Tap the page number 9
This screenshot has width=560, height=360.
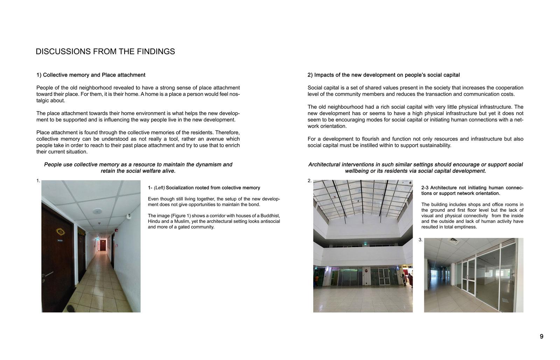coord(541,337)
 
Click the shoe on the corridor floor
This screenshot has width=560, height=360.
coord(71,309)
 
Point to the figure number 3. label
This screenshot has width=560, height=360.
coord(420,240)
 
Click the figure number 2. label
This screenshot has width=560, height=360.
coord(309,181)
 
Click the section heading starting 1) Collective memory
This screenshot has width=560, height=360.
coord(91,75)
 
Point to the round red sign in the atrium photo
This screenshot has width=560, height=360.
coord(366,270)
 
